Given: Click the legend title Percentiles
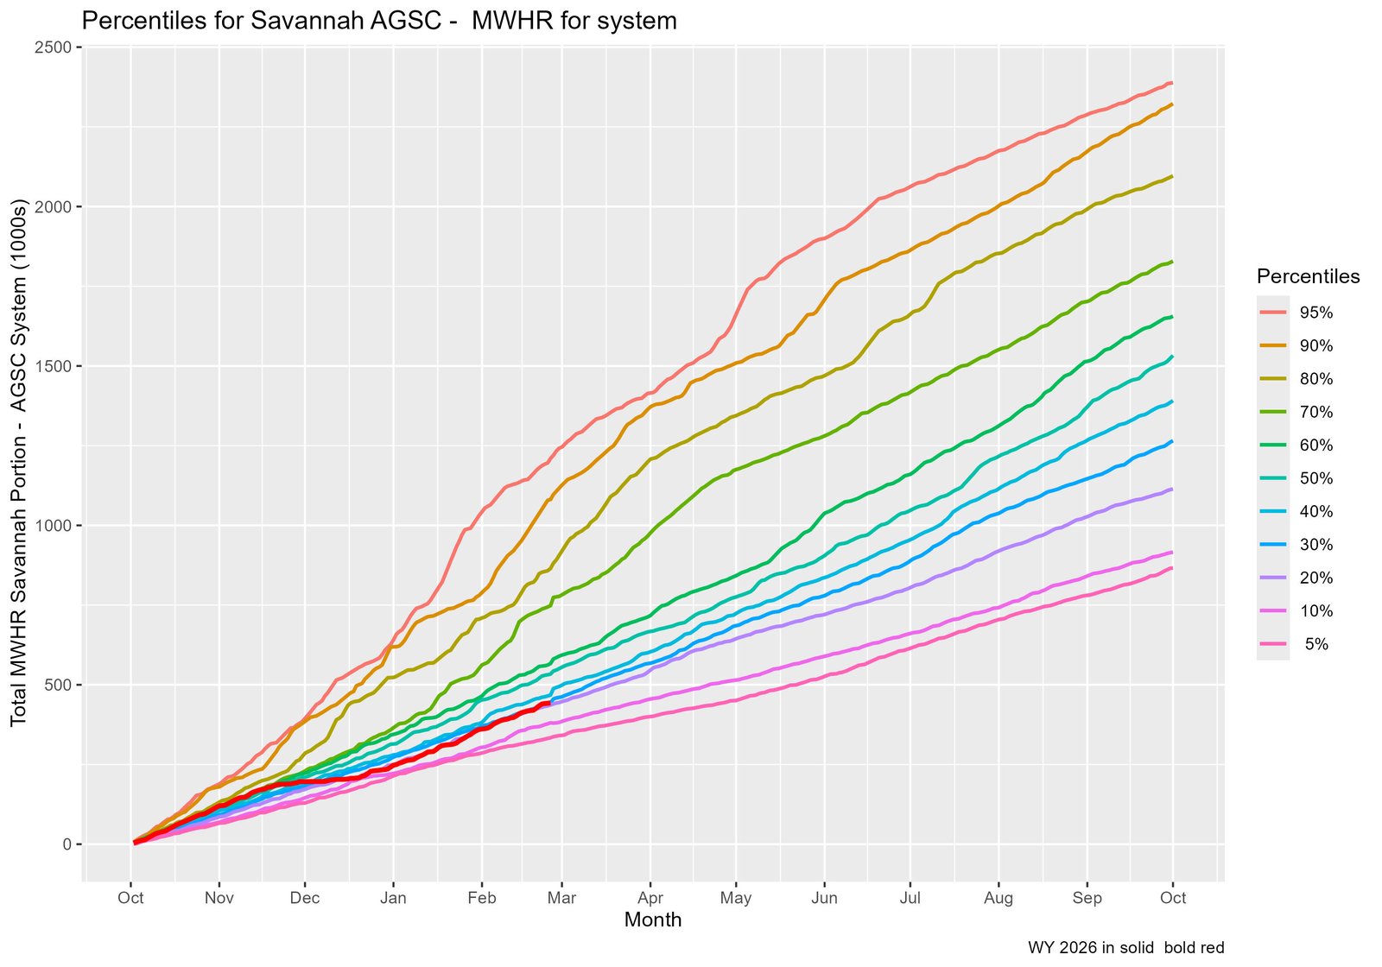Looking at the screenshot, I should [x=1308, y=276].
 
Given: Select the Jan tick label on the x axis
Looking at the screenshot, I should [x=393, y=898].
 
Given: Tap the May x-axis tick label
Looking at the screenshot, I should [x=736, y=898].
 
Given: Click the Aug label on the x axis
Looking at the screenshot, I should [x=998, y=898].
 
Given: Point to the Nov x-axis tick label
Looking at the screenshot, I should [x=219, y=898].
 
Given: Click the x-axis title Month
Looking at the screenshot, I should [x=653, y=920].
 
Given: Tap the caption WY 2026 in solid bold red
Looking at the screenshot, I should [x=1125, y=948].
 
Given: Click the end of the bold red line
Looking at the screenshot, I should [x=550, y=703].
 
